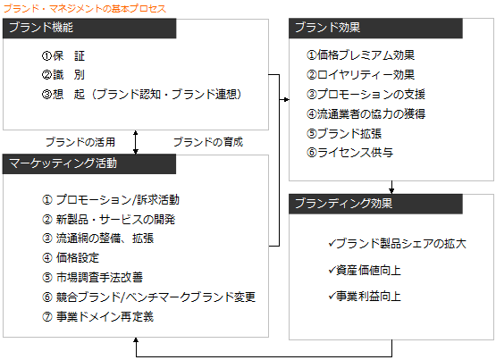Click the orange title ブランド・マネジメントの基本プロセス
[x=85, y=9]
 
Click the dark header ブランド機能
[x=89, y=28]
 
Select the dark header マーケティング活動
[x=89, y=163]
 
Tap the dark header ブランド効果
[x=375, y=28]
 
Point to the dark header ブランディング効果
[x=375, y=204]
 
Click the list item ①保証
[x=63, y=56]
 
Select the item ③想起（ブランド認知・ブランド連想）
[x=142, y=94]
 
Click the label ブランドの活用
[x=80, y=142]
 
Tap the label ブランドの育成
[x=208, y=142]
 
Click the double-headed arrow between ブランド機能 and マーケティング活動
[x=136, y=142]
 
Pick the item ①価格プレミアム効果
[x=361, y=55]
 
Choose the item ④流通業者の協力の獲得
[x=366, y=113]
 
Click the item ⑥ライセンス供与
[x=349, y=153]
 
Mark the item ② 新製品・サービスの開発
[x=109, y=220]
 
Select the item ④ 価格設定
[x=71, y=258]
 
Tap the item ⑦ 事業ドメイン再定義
[x=97, y=316]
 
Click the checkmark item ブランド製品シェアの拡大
[x=398, y=243]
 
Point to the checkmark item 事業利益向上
[x=365, y=297]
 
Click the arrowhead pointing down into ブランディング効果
[x=391, y=190]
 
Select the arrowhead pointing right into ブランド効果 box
[x=286, y=99]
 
